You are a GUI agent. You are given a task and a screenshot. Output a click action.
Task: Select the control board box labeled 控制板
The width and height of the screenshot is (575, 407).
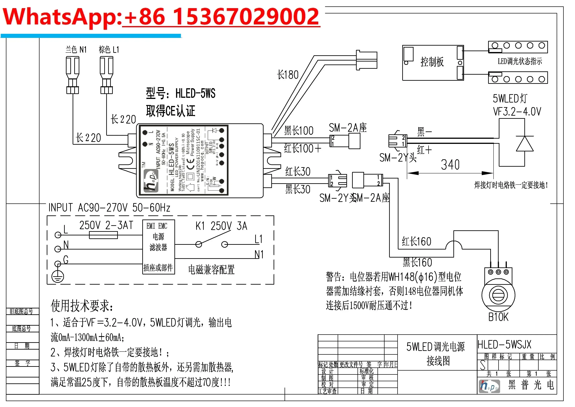click(433, 63)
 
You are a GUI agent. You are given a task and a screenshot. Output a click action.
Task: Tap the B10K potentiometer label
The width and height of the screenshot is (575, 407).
click(498, 317)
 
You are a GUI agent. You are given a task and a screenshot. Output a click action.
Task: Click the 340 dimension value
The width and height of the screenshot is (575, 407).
click(450, 165)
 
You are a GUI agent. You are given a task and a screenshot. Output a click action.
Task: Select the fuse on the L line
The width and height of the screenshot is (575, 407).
click(103, 235)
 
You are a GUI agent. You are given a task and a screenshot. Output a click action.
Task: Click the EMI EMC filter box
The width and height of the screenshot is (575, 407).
click(159, 247)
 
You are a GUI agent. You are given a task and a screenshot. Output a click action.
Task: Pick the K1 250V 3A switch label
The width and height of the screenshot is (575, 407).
click(221, 226)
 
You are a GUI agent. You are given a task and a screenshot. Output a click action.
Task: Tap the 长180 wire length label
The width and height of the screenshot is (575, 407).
click(288, 75)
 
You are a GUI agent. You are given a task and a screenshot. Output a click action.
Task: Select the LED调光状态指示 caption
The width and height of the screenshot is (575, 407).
click(520, 61)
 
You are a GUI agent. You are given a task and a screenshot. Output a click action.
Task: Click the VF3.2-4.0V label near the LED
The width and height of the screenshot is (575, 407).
click(517, 112)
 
